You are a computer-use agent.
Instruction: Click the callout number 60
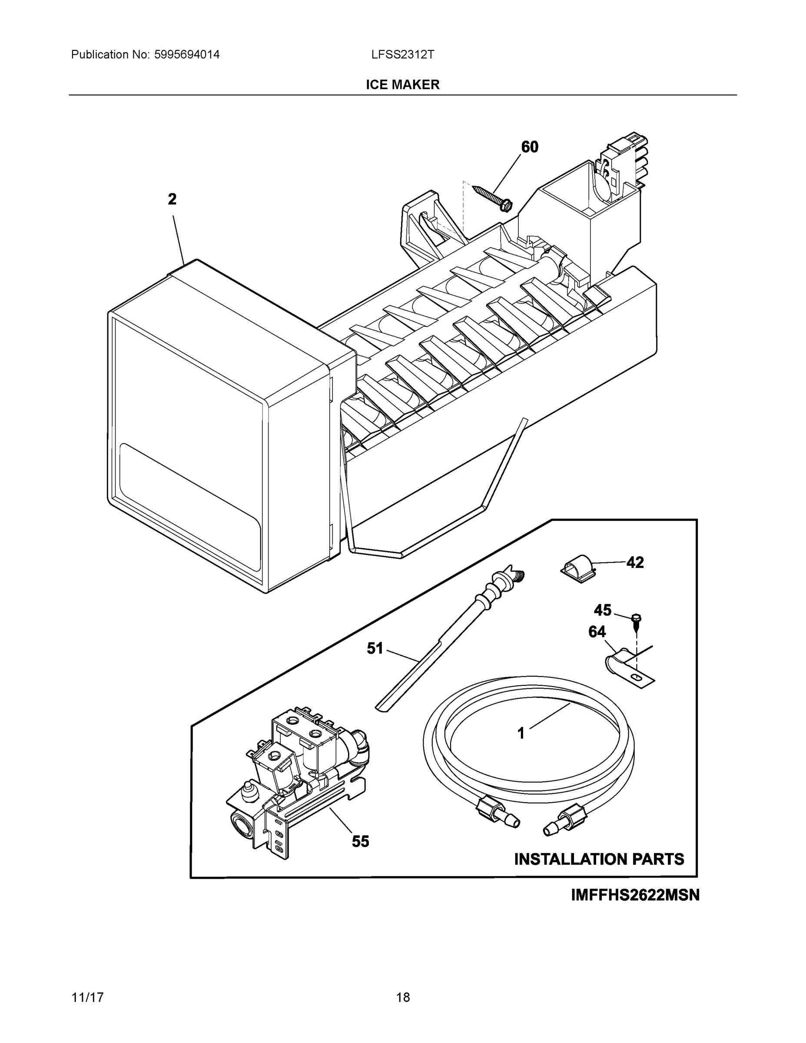[530, 147]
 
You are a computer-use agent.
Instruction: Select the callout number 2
[172, 199]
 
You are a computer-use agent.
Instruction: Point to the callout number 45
[603, 610]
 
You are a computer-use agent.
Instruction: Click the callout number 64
[597, 632]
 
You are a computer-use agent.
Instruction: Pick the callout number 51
[375, 648]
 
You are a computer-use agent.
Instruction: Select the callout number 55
[361, 841]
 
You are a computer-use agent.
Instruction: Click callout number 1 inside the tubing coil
[521, 733]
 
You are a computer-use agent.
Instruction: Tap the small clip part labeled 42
[576, 568]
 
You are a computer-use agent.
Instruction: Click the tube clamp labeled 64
[623, 665]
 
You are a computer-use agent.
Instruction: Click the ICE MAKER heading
[402, 85]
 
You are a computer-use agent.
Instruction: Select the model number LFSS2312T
[402, 54]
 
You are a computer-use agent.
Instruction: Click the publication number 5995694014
[187, 54]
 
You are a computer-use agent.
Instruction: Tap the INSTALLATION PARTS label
[599, 859]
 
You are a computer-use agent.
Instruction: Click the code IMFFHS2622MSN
[635, 895]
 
